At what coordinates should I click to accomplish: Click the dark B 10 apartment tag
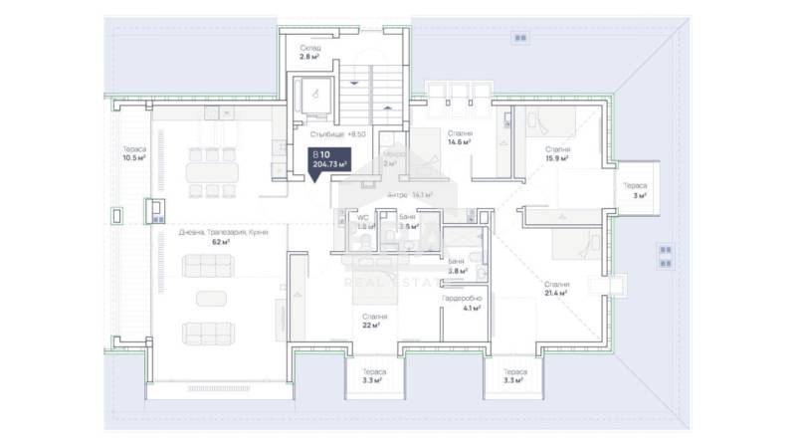coord(329,160)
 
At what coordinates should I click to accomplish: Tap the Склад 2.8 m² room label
coord(311,53)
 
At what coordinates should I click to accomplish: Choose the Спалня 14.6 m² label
coord(459,137)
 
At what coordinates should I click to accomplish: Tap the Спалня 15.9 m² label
coord(556,154)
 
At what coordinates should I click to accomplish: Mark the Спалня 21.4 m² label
coord(556,289)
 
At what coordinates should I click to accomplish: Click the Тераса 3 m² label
coord(635,190)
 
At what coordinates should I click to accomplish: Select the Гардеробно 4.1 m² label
coord(462,303)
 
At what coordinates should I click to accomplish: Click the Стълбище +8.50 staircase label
coord(338,133)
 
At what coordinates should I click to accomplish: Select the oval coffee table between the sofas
coord(210,298)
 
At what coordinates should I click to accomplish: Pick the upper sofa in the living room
coord(210,266)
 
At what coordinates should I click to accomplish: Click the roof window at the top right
coord(519,38)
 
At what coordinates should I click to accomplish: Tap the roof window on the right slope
coord(664,256)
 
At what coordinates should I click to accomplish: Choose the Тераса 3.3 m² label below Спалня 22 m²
coord(374,375)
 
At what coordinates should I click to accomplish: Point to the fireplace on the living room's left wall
coord(156,210)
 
